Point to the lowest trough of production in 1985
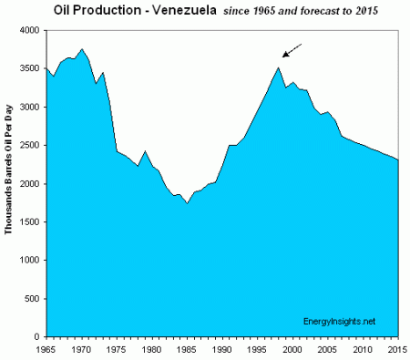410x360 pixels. [x=187, y=202]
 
